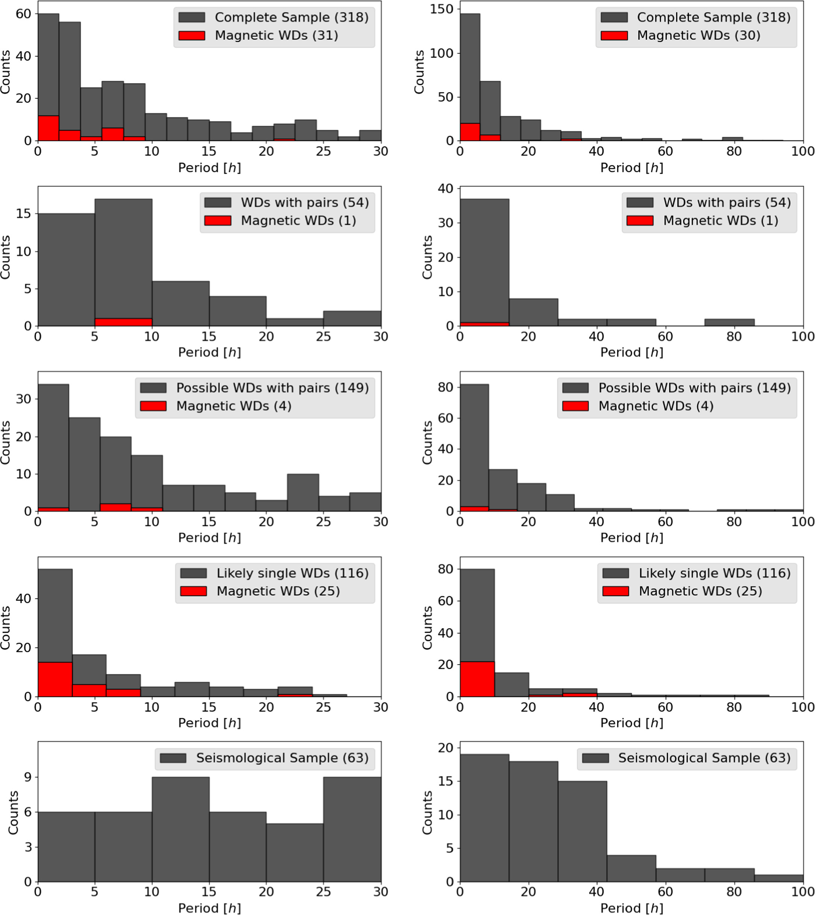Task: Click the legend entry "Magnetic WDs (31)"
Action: pos(276,35)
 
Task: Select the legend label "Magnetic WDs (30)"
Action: pos(698,35)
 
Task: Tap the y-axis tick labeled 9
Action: pos(27,777)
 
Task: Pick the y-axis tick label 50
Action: pos(445,97)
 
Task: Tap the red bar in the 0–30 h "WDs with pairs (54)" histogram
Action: pos(123,322)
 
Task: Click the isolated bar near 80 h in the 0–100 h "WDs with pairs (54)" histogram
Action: pos(730,322)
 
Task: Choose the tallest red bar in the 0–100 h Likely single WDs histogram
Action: pos(477,679)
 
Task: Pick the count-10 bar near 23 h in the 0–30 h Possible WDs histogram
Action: pos(303,492)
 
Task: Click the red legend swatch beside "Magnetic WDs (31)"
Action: pos(192,35)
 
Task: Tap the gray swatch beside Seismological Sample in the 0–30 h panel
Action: pos(173,758)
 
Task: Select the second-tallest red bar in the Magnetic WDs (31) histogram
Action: pos(112,134)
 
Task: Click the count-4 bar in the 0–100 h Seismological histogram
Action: pos(631,868)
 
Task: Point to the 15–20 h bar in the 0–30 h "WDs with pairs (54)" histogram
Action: pos(238,311)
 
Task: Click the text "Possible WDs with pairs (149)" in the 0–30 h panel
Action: pos(273,388)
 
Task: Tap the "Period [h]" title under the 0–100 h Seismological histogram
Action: pos(632,908)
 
